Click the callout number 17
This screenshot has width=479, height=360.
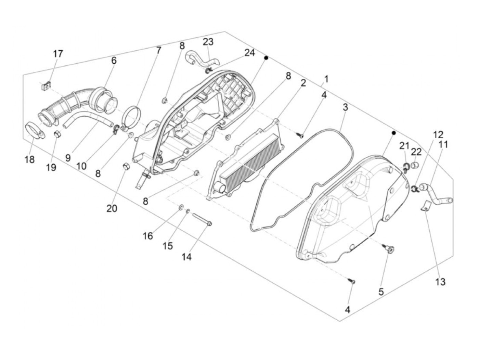[x=58, y=54]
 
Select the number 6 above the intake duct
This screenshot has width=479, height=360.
[x=114, y=61]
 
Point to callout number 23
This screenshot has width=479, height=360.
[x=208, y=42]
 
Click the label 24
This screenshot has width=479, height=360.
[x=250, y=53]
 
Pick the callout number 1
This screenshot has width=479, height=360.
[x=326, y=79]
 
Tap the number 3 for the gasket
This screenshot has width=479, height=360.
[x=346, y=107]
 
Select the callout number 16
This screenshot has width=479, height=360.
[x=148, y=236]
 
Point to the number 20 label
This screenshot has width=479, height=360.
[x=112, y=208]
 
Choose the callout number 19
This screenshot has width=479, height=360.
[x=51, y=168]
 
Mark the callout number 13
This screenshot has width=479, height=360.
[x=440, y=282]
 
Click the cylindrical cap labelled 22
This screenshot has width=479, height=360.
[x=415, y=166]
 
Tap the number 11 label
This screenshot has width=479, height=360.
[x=443, y=144]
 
